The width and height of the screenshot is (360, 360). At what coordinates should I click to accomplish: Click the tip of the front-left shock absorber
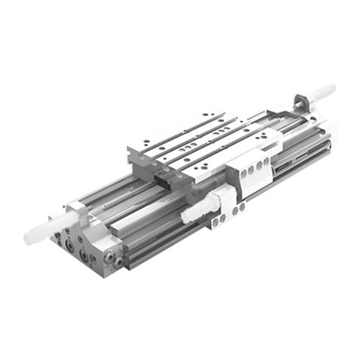click(29, 238)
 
